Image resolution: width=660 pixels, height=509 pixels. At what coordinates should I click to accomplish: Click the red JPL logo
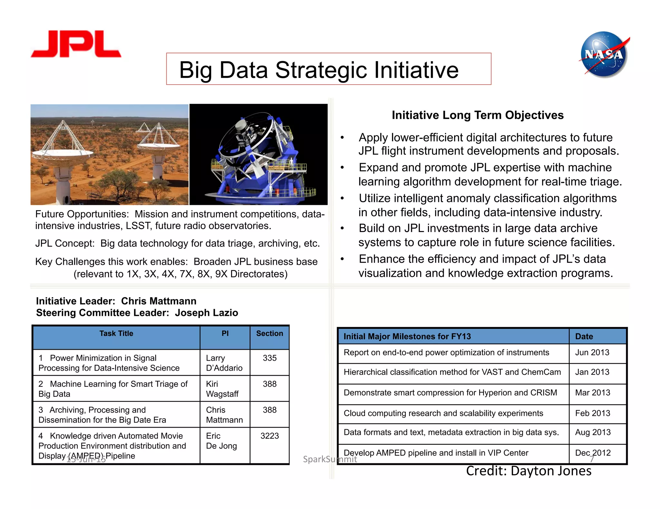(76, 44)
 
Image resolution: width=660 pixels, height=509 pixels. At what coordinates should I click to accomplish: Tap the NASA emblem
(604, 55)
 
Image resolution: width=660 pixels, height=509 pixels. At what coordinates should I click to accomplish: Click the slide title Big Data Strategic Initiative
(319, 70)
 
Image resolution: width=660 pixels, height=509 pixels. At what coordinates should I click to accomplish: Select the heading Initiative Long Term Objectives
(478, 115)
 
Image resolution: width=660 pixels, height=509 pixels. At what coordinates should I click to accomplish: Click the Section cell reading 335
(269, 358)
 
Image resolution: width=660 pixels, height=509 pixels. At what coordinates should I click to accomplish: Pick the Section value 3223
(269, 436)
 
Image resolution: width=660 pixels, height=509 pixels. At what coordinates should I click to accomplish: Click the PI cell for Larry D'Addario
(224, 363)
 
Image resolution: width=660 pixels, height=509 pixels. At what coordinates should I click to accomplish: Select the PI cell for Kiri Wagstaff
(222, 389)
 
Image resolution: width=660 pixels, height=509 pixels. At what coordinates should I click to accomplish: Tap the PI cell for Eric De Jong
(221, 441)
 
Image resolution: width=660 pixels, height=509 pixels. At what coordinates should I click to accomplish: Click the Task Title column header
(116, 334)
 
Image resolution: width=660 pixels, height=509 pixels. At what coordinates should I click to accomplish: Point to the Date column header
(584, 337)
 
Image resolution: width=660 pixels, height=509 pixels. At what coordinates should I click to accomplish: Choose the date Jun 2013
(592, 353)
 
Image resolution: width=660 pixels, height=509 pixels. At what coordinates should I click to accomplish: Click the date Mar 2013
(593, 393)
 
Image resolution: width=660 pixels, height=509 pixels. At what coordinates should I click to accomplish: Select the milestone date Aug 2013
(593, 432)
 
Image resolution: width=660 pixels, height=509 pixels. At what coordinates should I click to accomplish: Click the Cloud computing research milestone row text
(443, 413)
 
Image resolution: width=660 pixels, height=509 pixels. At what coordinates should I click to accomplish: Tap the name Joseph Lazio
(206, 313)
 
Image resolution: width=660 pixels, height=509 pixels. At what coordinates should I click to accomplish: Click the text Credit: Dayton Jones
(529, 471)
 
